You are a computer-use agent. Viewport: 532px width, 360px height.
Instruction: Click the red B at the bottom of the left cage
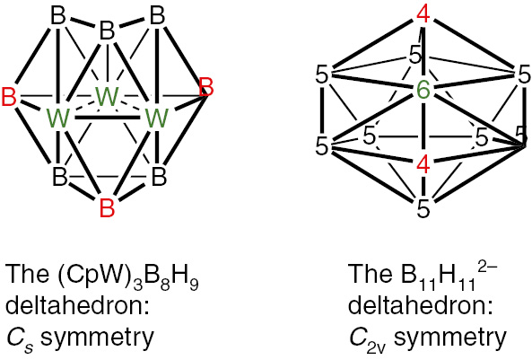pos(107,210)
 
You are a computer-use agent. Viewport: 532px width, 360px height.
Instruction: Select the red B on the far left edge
pos(9,96)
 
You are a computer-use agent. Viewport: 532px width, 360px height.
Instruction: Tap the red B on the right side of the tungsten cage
pos(205,88)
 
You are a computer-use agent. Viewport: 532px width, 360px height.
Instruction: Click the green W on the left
pos(58,117)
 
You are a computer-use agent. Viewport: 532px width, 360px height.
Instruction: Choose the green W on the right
pos(157,117)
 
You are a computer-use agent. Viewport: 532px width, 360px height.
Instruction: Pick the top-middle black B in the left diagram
pos(107,32)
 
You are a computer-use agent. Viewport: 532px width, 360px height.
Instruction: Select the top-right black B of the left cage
pos(157,15)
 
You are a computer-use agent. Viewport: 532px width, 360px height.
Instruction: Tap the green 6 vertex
pos(423,91)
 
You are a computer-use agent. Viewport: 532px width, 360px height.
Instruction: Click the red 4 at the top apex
pos(423,15)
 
